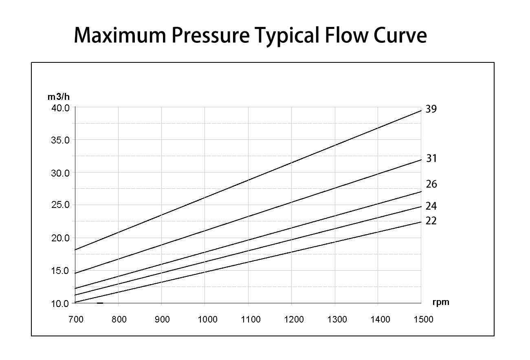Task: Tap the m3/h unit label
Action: click(59, 97)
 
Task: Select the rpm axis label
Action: click(441, 303)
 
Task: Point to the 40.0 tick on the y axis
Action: click(61, 108)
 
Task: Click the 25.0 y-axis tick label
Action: click(61, 205)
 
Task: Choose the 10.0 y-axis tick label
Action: click(61, 303)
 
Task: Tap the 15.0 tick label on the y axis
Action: click(61, 271)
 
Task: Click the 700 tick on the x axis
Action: click(75, 319)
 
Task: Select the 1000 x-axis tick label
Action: click(208, 319)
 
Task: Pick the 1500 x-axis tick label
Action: click(424, 319)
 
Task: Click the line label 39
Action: click(431, 109)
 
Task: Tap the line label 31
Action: click(431, 158)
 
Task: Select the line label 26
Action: click(431, 184)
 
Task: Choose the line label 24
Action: click(431, 206)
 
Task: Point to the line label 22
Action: click(431, 221)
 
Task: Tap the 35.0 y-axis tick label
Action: click(61, 140)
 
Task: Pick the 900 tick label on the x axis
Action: click(162, 319)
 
